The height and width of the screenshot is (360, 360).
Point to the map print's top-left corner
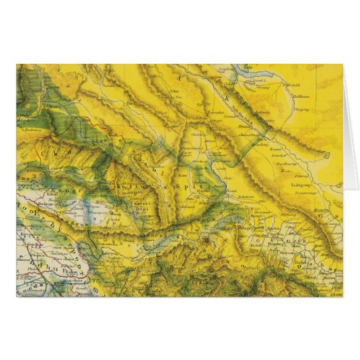(17, 65)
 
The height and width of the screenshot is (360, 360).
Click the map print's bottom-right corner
(342, 296)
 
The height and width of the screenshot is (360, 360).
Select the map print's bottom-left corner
(17, 296)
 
